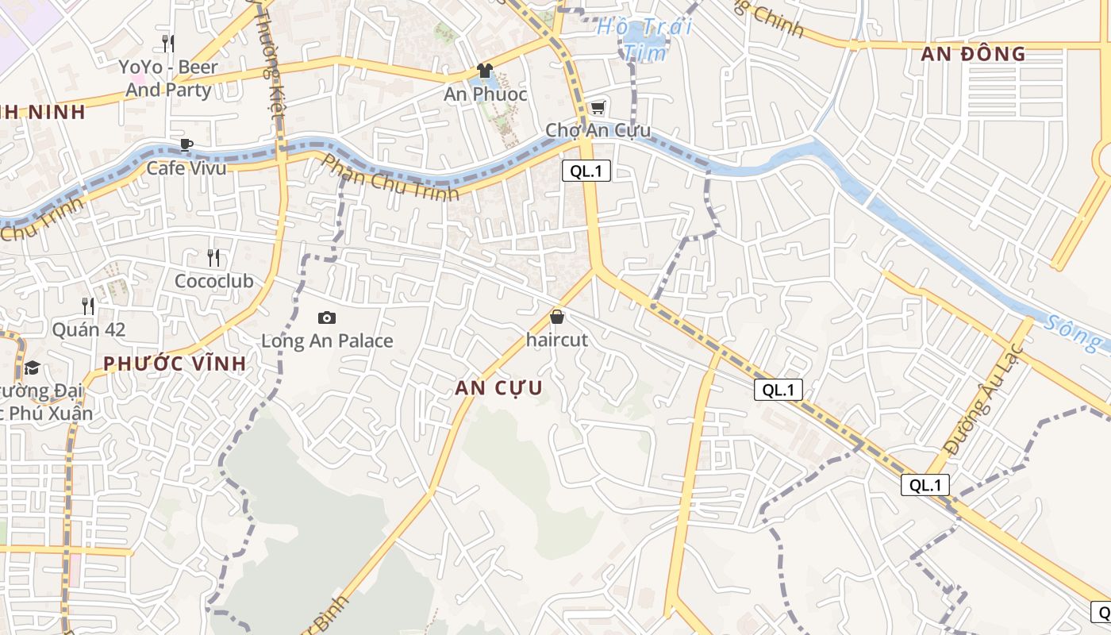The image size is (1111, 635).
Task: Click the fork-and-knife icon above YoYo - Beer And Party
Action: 167,43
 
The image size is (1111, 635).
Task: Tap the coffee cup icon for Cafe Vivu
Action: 186,144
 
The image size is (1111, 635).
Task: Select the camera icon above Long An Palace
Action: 326,318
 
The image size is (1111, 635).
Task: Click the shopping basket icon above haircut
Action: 557,317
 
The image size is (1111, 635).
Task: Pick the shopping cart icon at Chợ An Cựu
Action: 598,108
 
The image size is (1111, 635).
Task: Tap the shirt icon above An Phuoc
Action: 485,71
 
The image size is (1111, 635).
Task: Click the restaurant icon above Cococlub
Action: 213,257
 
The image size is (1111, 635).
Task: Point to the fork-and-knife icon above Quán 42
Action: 88,306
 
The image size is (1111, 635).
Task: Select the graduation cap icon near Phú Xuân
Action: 32,368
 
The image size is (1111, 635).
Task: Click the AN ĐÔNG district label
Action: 974,54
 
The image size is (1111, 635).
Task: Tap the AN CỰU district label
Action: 499,388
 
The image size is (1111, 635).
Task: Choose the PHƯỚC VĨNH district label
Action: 174,364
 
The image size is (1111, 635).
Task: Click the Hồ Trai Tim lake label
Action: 644,39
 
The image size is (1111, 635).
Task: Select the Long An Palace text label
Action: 327,341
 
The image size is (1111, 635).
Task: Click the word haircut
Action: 557,340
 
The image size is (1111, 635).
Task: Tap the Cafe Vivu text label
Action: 186,167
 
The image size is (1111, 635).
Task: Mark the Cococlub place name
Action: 213,281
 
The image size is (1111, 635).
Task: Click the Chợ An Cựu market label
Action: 598,130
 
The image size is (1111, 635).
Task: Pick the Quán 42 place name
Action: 89,329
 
